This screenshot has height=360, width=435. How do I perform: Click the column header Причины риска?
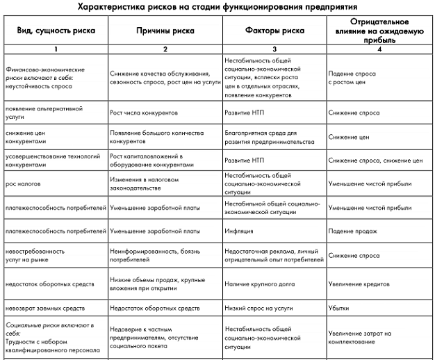pyautogui.click(x=165, y=31)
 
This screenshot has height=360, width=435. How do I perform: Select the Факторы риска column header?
pyautogui.click(x=274, y=31)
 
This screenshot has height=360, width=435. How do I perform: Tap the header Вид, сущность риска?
pyautogui.click(x=55, y=31)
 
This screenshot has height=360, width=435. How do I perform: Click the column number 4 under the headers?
pyautogui.click(x=379, y=49)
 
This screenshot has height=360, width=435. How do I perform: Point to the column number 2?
pyautogui.click(x=165, y=49)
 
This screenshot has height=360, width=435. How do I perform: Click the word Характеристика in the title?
pyautogui.click(x=104, y=8)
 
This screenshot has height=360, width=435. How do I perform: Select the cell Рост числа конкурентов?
pyautogui.click(x=144, y=111)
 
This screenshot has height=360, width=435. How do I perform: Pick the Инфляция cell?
pyautogui.click(x=238, y=231)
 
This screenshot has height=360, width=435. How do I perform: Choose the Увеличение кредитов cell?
pyautogui.click(x=362, y=284)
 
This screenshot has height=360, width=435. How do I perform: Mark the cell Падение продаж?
pyautogui.click(x=354, y=231)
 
